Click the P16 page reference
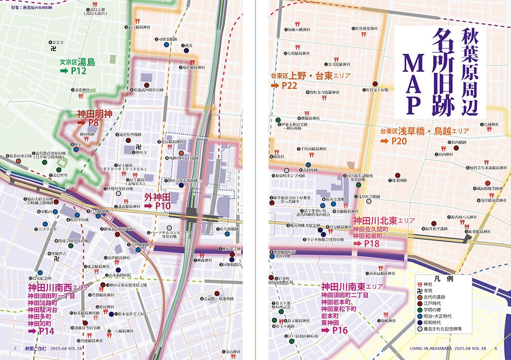click(x=339, y=330)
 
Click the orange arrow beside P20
click(x=384, y=141)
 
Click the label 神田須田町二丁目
click(x=345, y=295)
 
